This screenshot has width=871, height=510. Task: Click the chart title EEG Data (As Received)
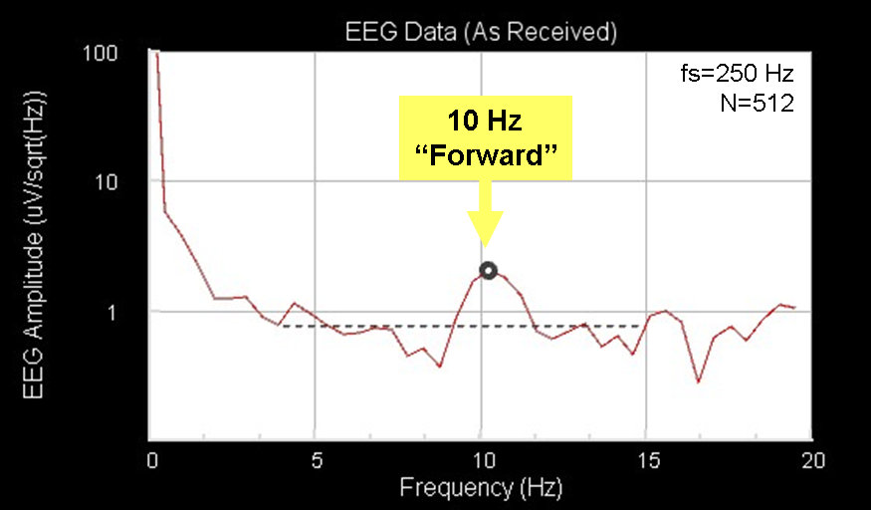tap(481, 32)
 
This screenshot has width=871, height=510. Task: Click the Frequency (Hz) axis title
tap(481, 488)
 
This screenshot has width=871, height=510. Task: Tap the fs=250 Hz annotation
tap(736, 76)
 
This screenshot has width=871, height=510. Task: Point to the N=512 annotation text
tap(758, 103)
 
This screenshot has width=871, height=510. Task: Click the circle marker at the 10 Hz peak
tap(488, 270)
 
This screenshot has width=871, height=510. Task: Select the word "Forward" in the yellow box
tap(486, 156)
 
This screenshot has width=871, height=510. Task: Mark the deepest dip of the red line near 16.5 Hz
tap(699, 382)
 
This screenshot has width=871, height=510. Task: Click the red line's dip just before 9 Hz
tap(439, 367)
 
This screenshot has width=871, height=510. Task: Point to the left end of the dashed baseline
tap(283, 326)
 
